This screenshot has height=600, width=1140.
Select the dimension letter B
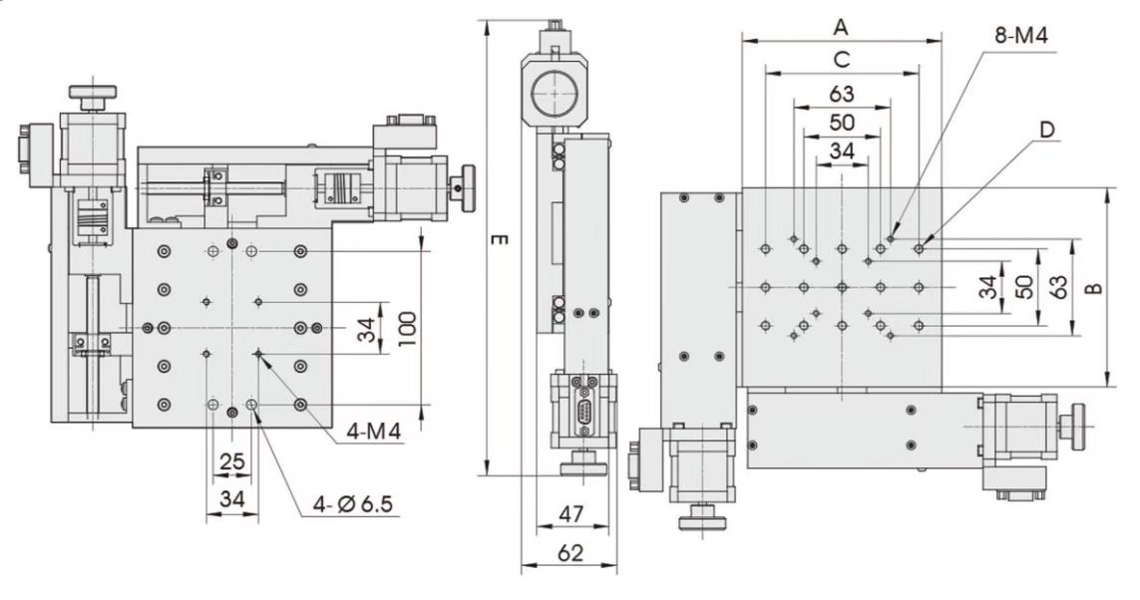[1093, 288]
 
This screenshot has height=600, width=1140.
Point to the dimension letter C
[841, 59]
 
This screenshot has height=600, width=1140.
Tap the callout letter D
[1046, 130]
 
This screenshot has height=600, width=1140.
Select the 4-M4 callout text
[374, 433]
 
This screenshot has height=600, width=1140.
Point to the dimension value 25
[231, 461]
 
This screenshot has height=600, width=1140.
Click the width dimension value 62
[569, 552]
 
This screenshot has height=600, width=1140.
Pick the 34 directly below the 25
[231, 497]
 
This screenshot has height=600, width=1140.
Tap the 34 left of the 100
[367, 329]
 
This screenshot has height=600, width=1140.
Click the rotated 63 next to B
[1060, 288]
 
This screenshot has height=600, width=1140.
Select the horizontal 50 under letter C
[841, 123]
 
